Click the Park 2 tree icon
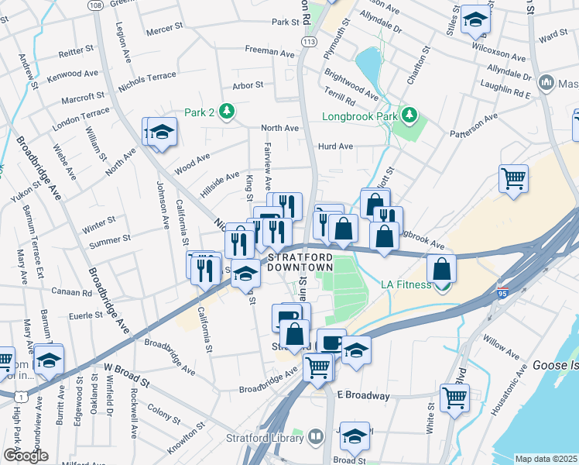226,112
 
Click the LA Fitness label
405,284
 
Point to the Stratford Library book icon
316,438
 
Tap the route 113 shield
310,41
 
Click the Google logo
26,456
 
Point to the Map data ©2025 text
546,459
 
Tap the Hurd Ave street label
335,146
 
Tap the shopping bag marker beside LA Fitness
440,269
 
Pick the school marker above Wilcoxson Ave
475,21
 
